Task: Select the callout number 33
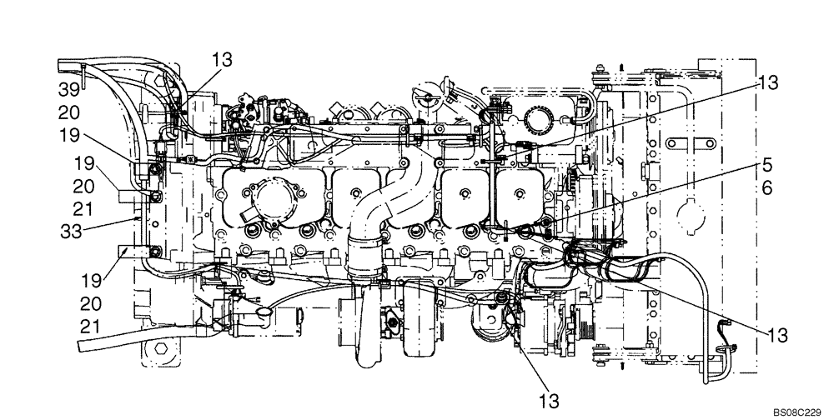pyautogui.click(x=69, y=232)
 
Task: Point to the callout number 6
pyautogui.click(x=766, y=189)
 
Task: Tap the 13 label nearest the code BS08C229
pyautogui.click(x=778, y=335)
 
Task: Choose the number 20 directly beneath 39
pyautogui.click(x=69, y=112)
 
